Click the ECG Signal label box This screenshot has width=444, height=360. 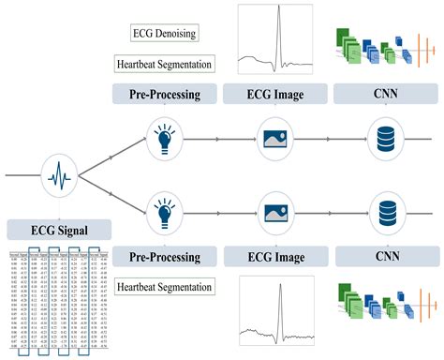click(59, 228)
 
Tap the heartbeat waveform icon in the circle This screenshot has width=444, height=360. click(57, 173)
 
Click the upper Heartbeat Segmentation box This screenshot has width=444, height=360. click(163, 65)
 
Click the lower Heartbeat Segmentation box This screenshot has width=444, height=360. click(163, 286)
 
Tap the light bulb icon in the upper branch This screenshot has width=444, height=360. click(164, 136)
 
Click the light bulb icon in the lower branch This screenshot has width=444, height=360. click(164, 210)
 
